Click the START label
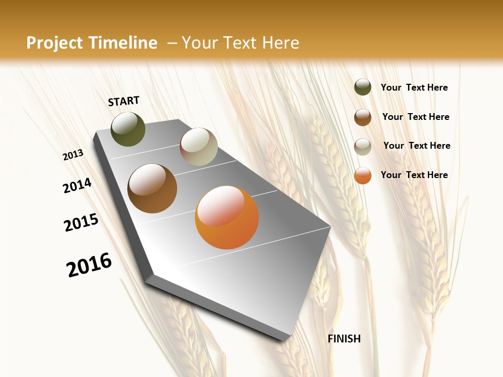(x=124, y=101)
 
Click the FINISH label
(x=344, y=339)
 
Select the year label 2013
(x=73, y=155)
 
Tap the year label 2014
(x=78, y=185)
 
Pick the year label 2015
(x=81, y=223)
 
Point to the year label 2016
(x=89, y=265)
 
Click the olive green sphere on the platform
(x=128, y=129)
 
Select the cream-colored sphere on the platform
(x=199, y=147)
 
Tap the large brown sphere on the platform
(x=152, y=188)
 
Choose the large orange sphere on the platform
(x=227, y=217)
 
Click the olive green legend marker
(x=363, y=87)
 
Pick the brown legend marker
(x=363, y=117)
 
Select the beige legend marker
(x=363, y=147)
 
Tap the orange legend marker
(x=363, y=175)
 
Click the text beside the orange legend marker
(x=414, y=175)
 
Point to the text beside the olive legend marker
(x=414, y=87)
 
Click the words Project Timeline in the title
(x=92, y=43)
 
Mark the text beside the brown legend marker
(x=415, y=117)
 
